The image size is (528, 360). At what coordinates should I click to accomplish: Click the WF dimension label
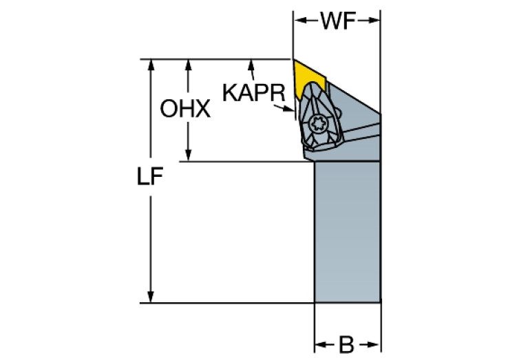click(x=337, y=21)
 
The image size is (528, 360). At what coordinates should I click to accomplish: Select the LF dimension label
click(x=149, y=178)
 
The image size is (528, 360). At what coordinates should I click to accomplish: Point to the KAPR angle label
click(x=253, y=91)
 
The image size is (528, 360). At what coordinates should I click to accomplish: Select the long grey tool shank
click(x=347, y=231)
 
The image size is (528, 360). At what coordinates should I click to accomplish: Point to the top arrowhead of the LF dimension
click(x=149, y=63)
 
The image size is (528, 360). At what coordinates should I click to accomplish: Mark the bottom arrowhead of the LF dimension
click(x=149, y=297)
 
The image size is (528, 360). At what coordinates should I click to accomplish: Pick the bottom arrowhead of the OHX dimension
click(x=187, y=157)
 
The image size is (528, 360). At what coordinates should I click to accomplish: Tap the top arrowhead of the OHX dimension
click(x=187, y=63)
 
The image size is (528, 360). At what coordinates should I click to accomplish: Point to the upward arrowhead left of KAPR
click(x=252, y=64)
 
